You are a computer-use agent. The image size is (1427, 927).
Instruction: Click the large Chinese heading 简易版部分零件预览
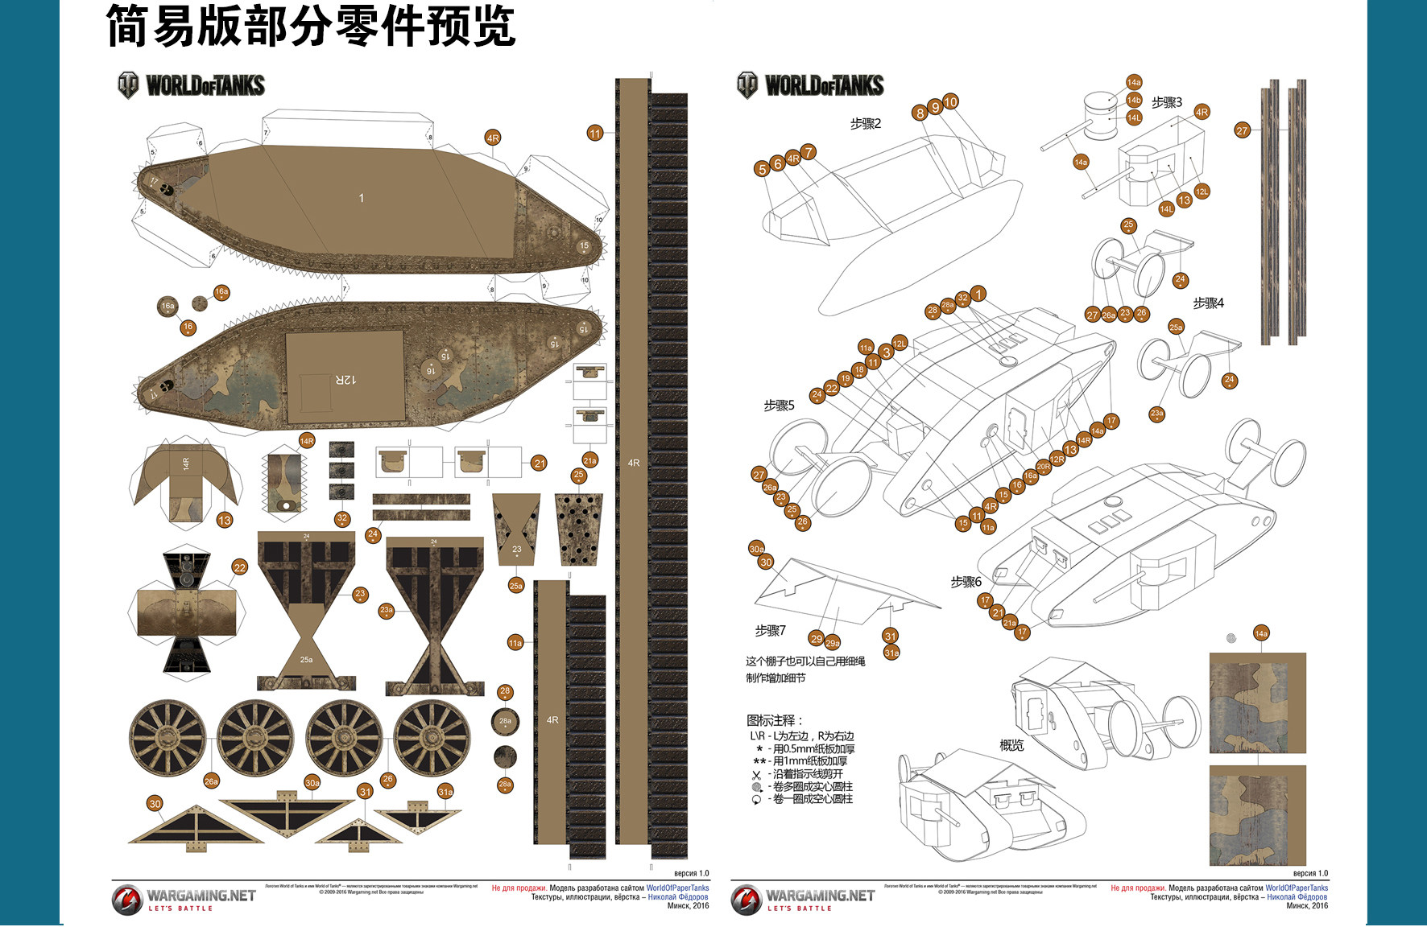pyautogui.click(x=310, y=26)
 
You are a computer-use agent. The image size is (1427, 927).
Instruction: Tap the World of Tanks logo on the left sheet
pyautogui.click(x=191, y=85)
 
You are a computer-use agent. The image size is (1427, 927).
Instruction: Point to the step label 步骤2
pyautogui.click(x=866, y=124)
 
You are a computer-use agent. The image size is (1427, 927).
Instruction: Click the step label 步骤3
pyautogui.click(x=1166, y=102)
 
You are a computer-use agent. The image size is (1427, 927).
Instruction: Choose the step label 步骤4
pyautogui.click(x=1208, y=303)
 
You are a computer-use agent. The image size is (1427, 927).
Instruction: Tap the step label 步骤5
pyautogui.click(x=779, y=406)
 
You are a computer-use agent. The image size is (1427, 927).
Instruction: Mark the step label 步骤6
pyautogui.click(x=966, y=582)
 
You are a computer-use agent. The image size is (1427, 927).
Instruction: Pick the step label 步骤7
pyautogui.click(x=770, y=631)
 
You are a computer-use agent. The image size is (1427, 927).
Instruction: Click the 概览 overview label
pyautogui.click(x=1011, y=746)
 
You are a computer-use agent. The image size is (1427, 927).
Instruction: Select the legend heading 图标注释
pyautogui.click(x=774, y=720)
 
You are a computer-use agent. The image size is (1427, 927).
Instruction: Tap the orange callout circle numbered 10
pyautogui.click(x=950, y=102)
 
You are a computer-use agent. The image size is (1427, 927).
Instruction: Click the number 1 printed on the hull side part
pyautogui.click(x=361, y=198)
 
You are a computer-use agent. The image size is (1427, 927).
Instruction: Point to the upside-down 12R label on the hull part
pyautogui.click(x=345, y=379)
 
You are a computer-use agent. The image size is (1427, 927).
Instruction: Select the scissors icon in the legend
pyautogui.click(x=756, y=775)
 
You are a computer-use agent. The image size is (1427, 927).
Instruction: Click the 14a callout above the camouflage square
pyautogui.click(x=1261, y=634)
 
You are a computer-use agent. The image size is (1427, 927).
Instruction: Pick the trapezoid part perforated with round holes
pyautogui.click(x=578, y=528)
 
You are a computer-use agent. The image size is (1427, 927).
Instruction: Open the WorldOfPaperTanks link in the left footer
pyautogui.click(x=677, y=888)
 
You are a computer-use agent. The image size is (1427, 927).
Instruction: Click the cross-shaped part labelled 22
pyautogui.click(x=187, y=612)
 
